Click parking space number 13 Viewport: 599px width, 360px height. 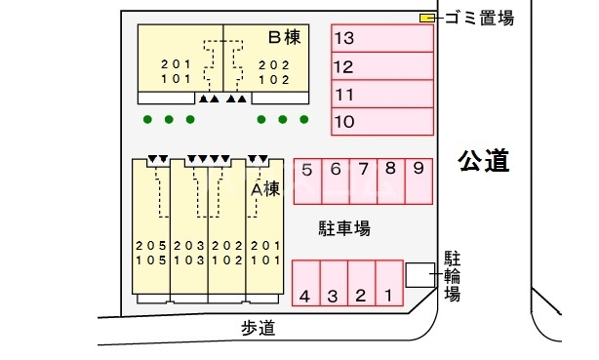click(381, 39)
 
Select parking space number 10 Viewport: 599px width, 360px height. click(381, 122)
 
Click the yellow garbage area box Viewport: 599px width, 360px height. click(426, 18)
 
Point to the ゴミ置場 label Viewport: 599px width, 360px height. click(478, 18)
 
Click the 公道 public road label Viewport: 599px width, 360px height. click(485, 161)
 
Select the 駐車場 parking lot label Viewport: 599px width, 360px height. click(344, 228)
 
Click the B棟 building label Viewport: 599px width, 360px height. click(283, 38)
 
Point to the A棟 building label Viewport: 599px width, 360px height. click(265, 188)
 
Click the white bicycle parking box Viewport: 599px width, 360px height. click(419, 275)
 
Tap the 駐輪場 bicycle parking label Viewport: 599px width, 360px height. click(453, 276)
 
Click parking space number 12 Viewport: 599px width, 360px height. click(381, 66)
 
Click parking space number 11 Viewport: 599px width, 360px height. click(381, 95)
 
